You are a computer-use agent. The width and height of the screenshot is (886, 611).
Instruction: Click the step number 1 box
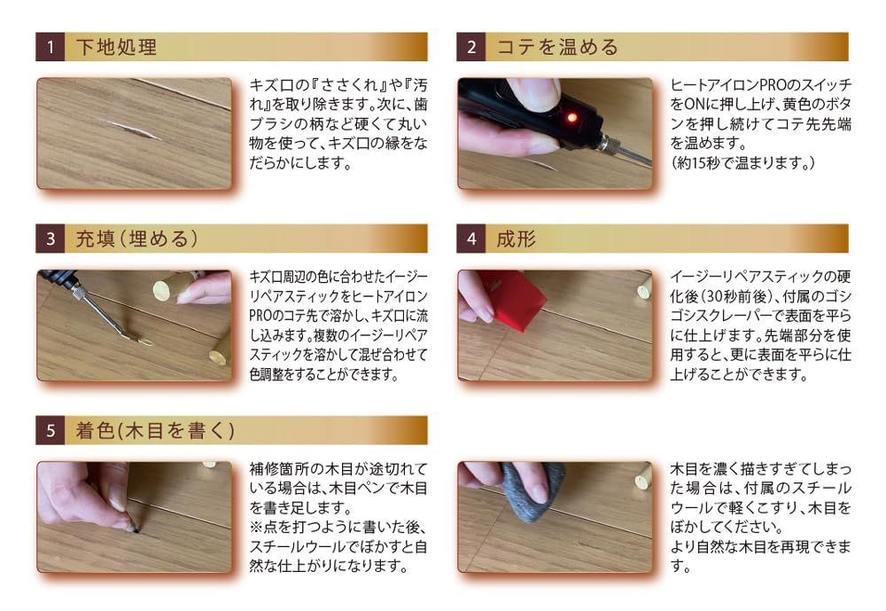tap(50, 47)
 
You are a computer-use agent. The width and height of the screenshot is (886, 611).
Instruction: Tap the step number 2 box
tap(470, 47)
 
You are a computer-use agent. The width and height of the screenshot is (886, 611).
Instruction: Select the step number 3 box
tap(50, 239)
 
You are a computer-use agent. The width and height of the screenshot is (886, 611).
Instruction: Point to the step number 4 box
tap(470, 239)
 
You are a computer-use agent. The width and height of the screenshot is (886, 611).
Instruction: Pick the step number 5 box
tap(50, 430)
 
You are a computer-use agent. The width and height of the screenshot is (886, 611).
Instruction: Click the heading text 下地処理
tap(116, 47)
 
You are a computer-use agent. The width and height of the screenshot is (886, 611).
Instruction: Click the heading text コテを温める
tap(557, 47)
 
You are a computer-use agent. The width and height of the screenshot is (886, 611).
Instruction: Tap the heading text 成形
tap(517, 239)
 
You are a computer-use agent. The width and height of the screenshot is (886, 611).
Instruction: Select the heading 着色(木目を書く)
tap(155, 430)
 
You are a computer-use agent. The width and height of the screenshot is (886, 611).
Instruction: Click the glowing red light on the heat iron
tap(571, 118)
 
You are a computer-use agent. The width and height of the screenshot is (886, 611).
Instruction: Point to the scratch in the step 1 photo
tap(132, 129)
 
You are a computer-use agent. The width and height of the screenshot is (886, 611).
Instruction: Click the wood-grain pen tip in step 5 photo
tap(136, 528)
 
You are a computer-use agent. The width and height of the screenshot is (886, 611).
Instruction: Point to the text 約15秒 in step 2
tap(700, 163)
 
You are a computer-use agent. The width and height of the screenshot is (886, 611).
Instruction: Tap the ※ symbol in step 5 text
tap(256, 528)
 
